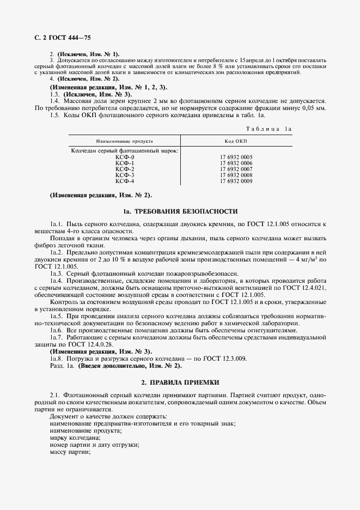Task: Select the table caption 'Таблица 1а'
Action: pos(269,129)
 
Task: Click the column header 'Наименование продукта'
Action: pos(125,141)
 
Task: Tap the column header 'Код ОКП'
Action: pos(236,141)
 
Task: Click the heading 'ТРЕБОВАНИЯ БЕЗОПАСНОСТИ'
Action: pos(185,211)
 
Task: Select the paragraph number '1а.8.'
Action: pos(57,359)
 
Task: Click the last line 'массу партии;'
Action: pos(70,452)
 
